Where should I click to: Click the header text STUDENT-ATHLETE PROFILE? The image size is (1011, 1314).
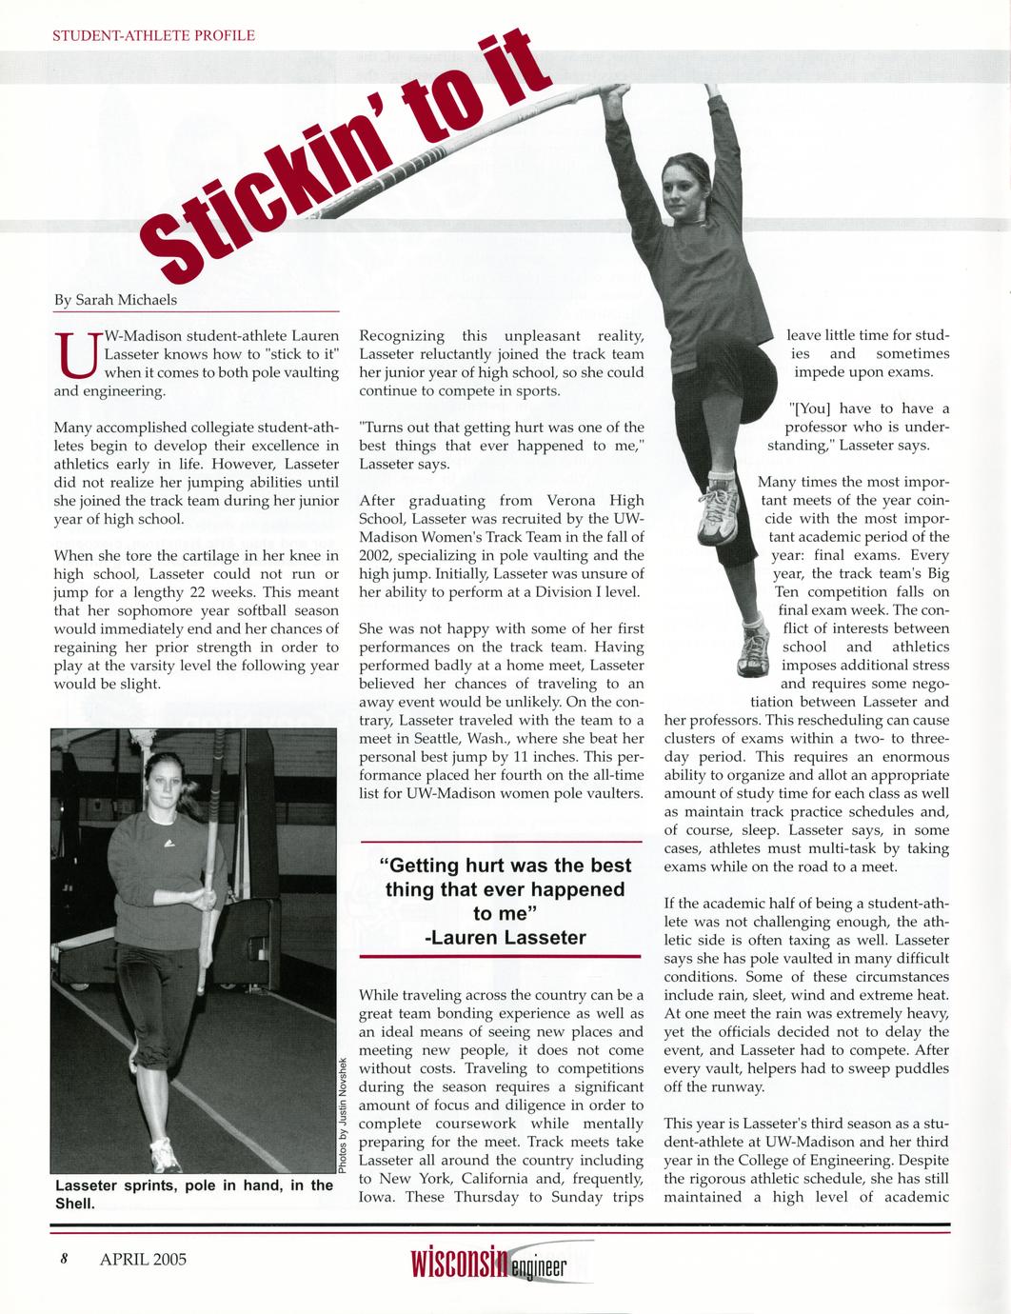click(153, 36)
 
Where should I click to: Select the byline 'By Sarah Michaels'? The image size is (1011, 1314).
click(115, 300)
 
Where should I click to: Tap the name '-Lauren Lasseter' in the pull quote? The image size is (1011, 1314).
click(505, 938)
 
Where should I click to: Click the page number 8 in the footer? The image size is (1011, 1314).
click(63, 1259)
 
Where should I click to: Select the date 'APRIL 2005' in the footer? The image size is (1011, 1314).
click(143, 1259)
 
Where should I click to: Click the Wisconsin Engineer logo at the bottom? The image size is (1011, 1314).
click(488, 1263)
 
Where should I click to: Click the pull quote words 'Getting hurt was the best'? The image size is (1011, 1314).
click(505, 866)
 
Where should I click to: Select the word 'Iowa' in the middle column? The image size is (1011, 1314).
click(377, 1197)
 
